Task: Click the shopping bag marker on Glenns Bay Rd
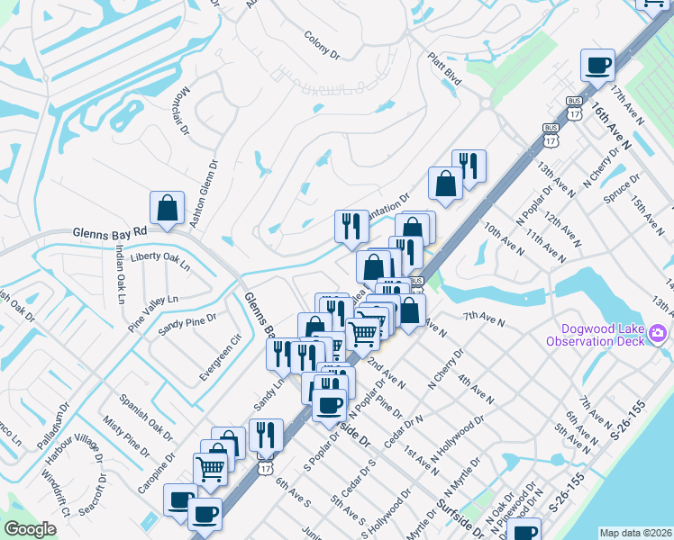[x=168, y=208]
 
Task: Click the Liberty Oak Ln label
[x=160, y=260]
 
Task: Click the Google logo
[x=30, y=529]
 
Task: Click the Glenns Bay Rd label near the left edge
[x=109, y=232]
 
